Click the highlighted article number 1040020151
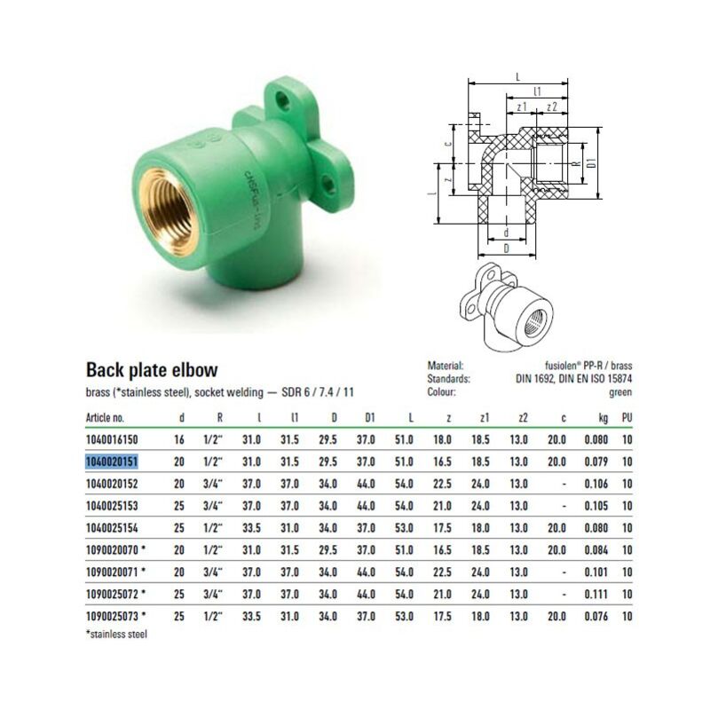pos(112,461)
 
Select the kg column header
pos(603,418)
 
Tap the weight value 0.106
pos(596,484)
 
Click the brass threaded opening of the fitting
pos(168,212)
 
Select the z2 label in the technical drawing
pos(551,107)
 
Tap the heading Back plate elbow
pos(152,370)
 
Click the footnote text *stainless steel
pos(116,635)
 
